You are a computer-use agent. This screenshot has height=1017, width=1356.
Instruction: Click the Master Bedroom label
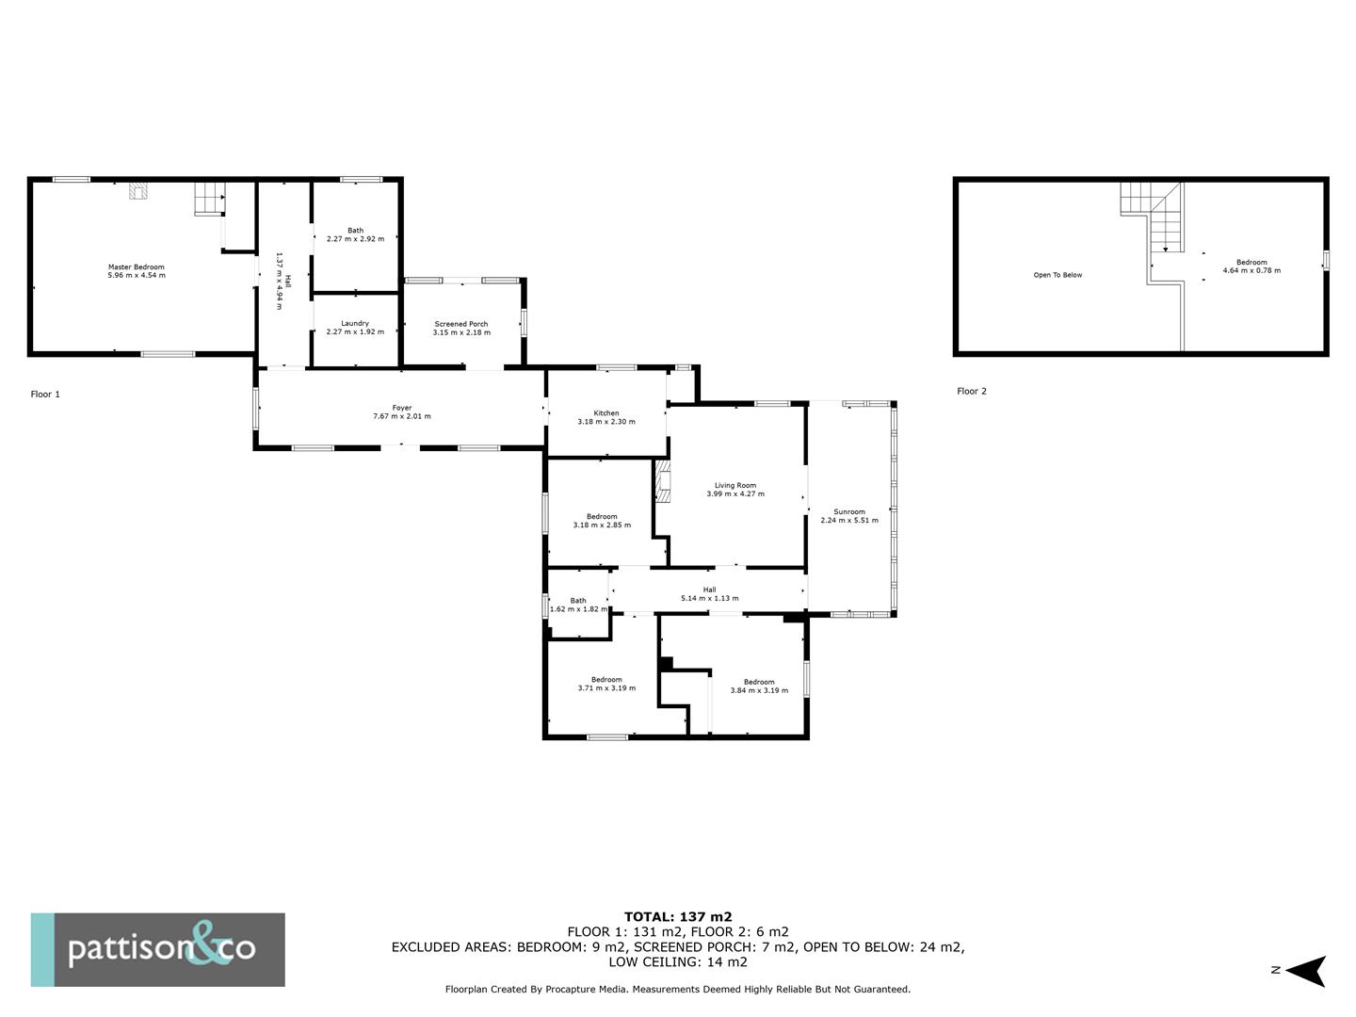[x=136, y=267]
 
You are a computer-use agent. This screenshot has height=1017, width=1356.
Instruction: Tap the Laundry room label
[x=355, y=323]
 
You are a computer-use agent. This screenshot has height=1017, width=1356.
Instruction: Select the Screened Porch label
[x=461, y=324]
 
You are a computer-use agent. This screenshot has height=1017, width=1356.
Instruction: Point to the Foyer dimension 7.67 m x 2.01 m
[x=402, y=416]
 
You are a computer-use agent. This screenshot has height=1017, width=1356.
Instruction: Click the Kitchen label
[x=606, y=413]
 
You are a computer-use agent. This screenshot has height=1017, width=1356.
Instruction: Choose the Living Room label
[x=735, y=486]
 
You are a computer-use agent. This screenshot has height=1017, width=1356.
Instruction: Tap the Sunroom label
[x=849, y=512]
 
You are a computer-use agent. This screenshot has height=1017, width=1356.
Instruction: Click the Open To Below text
[x=1057, y=275]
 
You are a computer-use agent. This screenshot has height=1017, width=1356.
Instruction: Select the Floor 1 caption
[x=45, y=395]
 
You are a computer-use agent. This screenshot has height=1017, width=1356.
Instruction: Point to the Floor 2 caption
[x=972, y=391]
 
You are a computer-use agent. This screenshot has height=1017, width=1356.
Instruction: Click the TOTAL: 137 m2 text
[x=678, y=916]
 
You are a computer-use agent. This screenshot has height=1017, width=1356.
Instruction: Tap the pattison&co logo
[x=158, y=949]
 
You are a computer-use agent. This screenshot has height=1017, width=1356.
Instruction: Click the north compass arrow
[x=1305, y=971]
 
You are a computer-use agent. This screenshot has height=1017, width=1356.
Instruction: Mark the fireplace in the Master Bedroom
[x=138, y=192]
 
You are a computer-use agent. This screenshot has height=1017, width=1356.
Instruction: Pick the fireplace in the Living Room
[x=664, y=482]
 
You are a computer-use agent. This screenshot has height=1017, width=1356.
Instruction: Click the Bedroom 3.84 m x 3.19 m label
[x=759, y=682]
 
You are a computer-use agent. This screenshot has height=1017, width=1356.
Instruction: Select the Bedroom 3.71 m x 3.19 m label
[x=606, y=680]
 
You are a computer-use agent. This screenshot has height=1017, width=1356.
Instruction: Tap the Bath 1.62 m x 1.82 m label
[x=578, y=601]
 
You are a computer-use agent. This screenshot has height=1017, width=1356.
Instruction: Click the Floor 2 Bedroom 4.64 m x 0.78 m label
[x=1251, y=263]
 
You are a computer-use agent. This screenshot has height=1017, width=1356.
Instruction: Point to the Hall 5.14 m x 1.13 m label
[x=710, y=590]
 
